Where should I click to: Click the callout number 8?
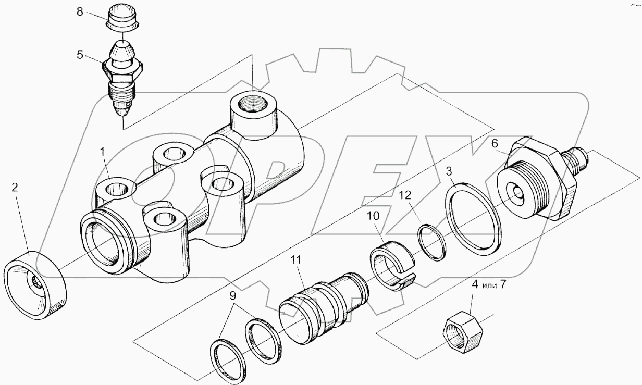(x=80, y=12)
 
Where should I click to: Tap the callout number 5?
(x=80, y=54)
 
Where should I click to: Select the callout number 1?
(x=103, y=152)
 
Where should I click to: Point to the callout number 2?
(x=15, y=188)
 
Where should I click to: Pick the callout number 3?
(x=449, y=171)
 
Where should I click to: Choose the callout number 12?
(x=405, y=195)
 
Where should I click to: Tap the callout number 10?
(x=374, y=215)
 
